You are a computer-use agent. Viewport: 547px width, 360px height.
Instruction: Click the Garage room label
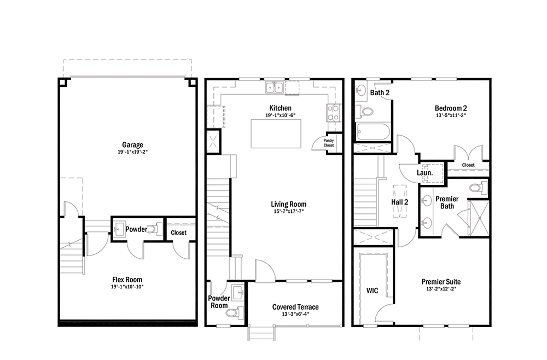pos(132,145)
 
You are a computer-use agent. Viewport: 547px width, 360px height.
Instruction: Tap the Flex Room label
pos(127,280)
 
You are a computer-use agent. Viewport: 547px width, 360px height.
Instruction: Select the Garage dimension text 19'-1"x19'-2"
pos(132,152)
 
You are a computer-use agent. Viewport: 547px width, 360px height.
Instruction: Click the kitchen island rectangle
pos(276,133)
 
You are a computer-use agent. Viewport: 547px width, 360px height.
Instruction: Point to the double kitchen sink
pos(274,87)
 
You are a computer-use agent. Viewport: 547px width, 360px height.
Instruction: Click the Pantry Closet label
pos(329,143)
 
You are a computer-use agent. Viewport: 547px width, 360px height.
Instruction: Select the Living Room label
pos(288,204)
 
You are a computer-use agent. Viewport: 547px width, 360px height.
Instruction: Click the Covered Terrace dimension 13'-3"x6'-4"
pos(295,314)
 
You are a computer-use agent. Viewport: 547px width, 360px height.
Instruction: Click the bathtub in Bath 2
pos(372,132)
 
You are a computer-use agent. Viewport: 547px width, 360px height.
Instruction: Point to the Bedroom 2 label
pos(451,108)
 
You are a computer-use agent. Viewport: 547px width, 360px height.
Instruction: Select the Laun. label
pos(425,173)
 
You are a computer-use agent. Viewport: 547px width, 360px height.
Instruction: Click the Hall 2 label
pos(399,202)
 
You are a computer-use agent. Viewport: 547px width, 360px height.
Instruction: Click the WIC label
pos(372,291)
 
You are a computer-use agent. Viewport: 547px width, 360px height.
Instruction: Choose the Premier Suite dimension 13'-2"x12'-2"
pos(441,289)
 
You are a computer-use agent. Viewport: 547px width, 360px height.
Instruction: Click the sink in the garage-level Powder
pos(119,229)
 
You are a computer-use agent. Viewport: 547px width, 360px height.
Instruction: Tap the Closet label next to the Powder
pos(179,233)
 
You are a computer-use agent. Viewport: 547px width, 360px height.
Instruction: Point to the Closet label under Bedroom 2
pos(468,165)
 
